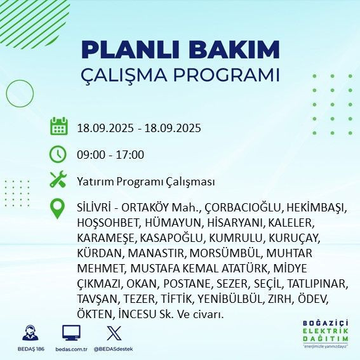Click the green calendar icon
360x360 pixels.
point(59,126)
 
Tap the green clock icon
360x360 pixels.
point(59,154)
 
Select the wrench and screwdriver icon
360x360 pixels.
point(59,181)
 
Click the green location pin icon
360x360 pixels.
point(59,209)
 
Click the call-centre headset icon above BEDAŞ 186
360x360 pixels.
point(29,333)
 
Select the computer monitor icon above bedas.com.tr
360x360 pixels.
point(70,333)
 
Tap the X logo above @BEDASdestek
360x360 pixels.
point(112,333)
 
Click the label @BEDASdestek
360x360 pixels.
point(112,348)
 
